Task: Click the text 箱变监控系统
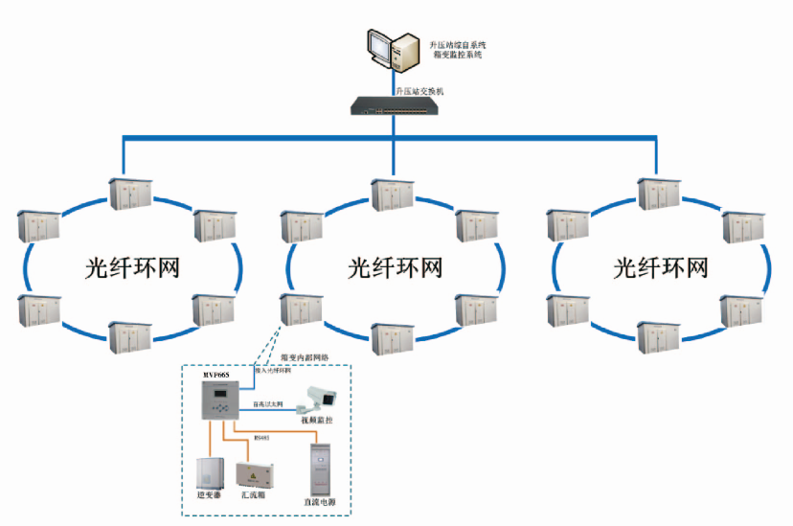click(x=457, y=55)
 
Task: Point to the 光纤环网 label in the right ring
click(x=660, y=267)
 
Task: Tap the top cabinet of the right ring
click(x=659, y=192)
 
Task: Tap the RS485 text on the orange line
click(x=261, y=439)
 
